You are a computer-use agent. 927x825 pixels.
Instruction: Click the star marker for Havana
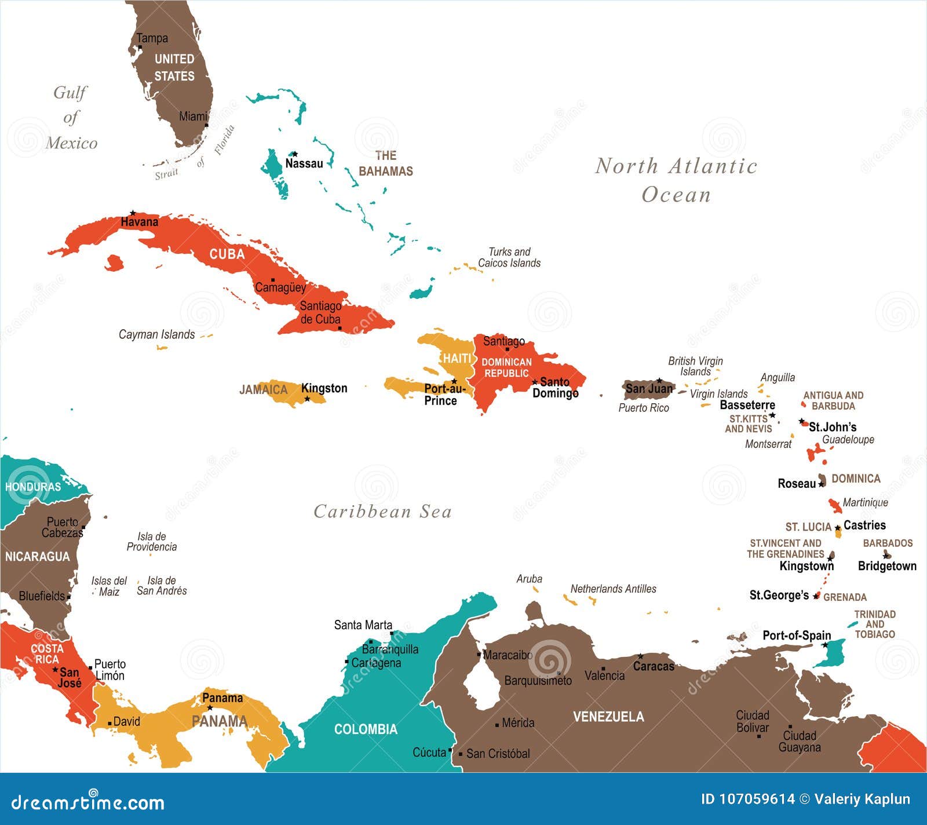pyautogui.click(x=133, y=213)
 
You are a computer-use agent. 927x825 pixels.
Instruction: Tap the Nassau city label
pyautogui.click(x=304, y=163)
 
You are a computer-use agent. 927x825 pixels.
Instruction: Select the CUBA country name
pyautogui.click(x=227, y=254)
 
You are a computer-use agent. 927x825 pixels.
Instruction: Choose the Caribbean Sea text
pyautogui.click(x=382, y=512)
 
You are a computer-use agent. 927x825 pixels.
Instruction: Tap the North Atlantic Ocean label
pyautogui.click(x=676, y=180)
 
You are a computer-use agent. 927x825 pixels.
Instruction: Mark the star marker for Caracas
pyautogui.click(x=640, y=656)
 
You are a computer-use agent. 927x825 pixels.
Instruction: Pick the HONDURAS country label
pyautogui.click(x=33, y=487)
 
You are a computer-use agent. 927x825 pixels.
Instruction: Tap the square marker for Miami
pyautogui.click(x=206, y=125)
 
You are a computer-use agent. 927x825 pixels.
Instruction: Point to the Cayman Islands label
pyautogui.click(x=156, y=334)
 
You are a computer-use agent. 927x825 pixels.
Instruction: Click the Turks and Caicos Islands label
pyautogui.click(x=509, y=257)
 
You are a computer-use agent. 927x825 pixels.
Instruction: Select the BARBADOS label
pyautogui.click(x=888, y=543)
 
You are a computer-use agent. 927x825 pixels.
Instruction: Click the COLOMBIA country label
pyautogui.click(x=366, y=729)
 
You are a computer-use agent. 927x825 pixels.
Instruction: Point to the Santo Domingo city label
pyautogui.click(x=555, y=388)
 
